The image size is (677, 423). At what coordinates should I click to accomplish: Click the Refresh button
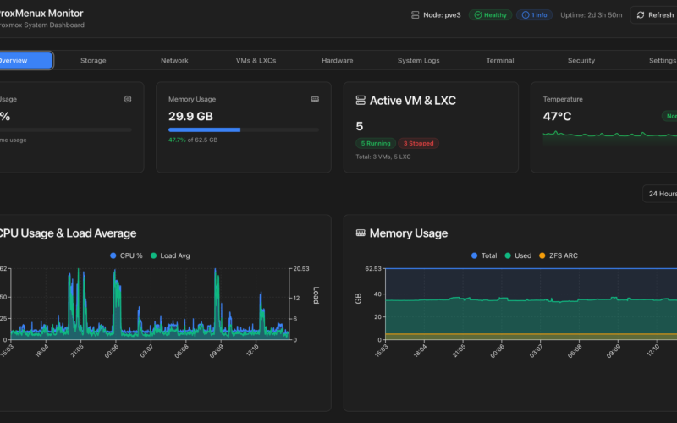pyautogui.click(x=655, y=15)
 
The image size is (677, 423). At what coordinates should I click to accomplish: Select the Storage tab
pyautogui.click(x=93, y=61)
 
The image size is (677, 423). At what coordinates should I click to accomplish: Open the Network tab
pyautogui.click(x=174, y=61)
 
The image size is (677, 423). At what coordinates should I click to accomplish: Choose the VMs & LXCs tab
pyautogui.click(x=256, y=61)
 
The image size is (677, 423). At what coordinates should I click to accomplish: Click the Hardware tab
pyautogui.click(x=337, y=61)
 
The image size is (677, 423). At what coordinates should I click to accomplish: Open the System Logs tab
pyautogui.click(x=418, y=61)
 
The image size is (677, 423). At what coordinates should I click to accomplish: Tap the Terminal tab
pyautogui.click(x=499, y=61)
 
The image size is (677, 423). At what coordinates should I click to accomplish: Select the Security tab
pyautogui.click(x=581, y=61)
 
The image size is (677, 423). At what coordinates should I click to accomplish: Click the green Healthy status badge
pyautogui.click(x=491, y=15)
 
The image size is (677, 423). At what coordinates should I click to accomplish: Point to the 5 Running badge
pyautogui.click(x=375, y=144)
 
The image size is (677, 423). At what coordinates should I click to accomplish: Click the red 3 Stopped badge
pyautogui.click(x=419, y=144)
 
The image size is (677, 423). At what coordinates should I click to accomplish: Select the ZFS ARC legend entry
pyautogui.click(x=559, y=255)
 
